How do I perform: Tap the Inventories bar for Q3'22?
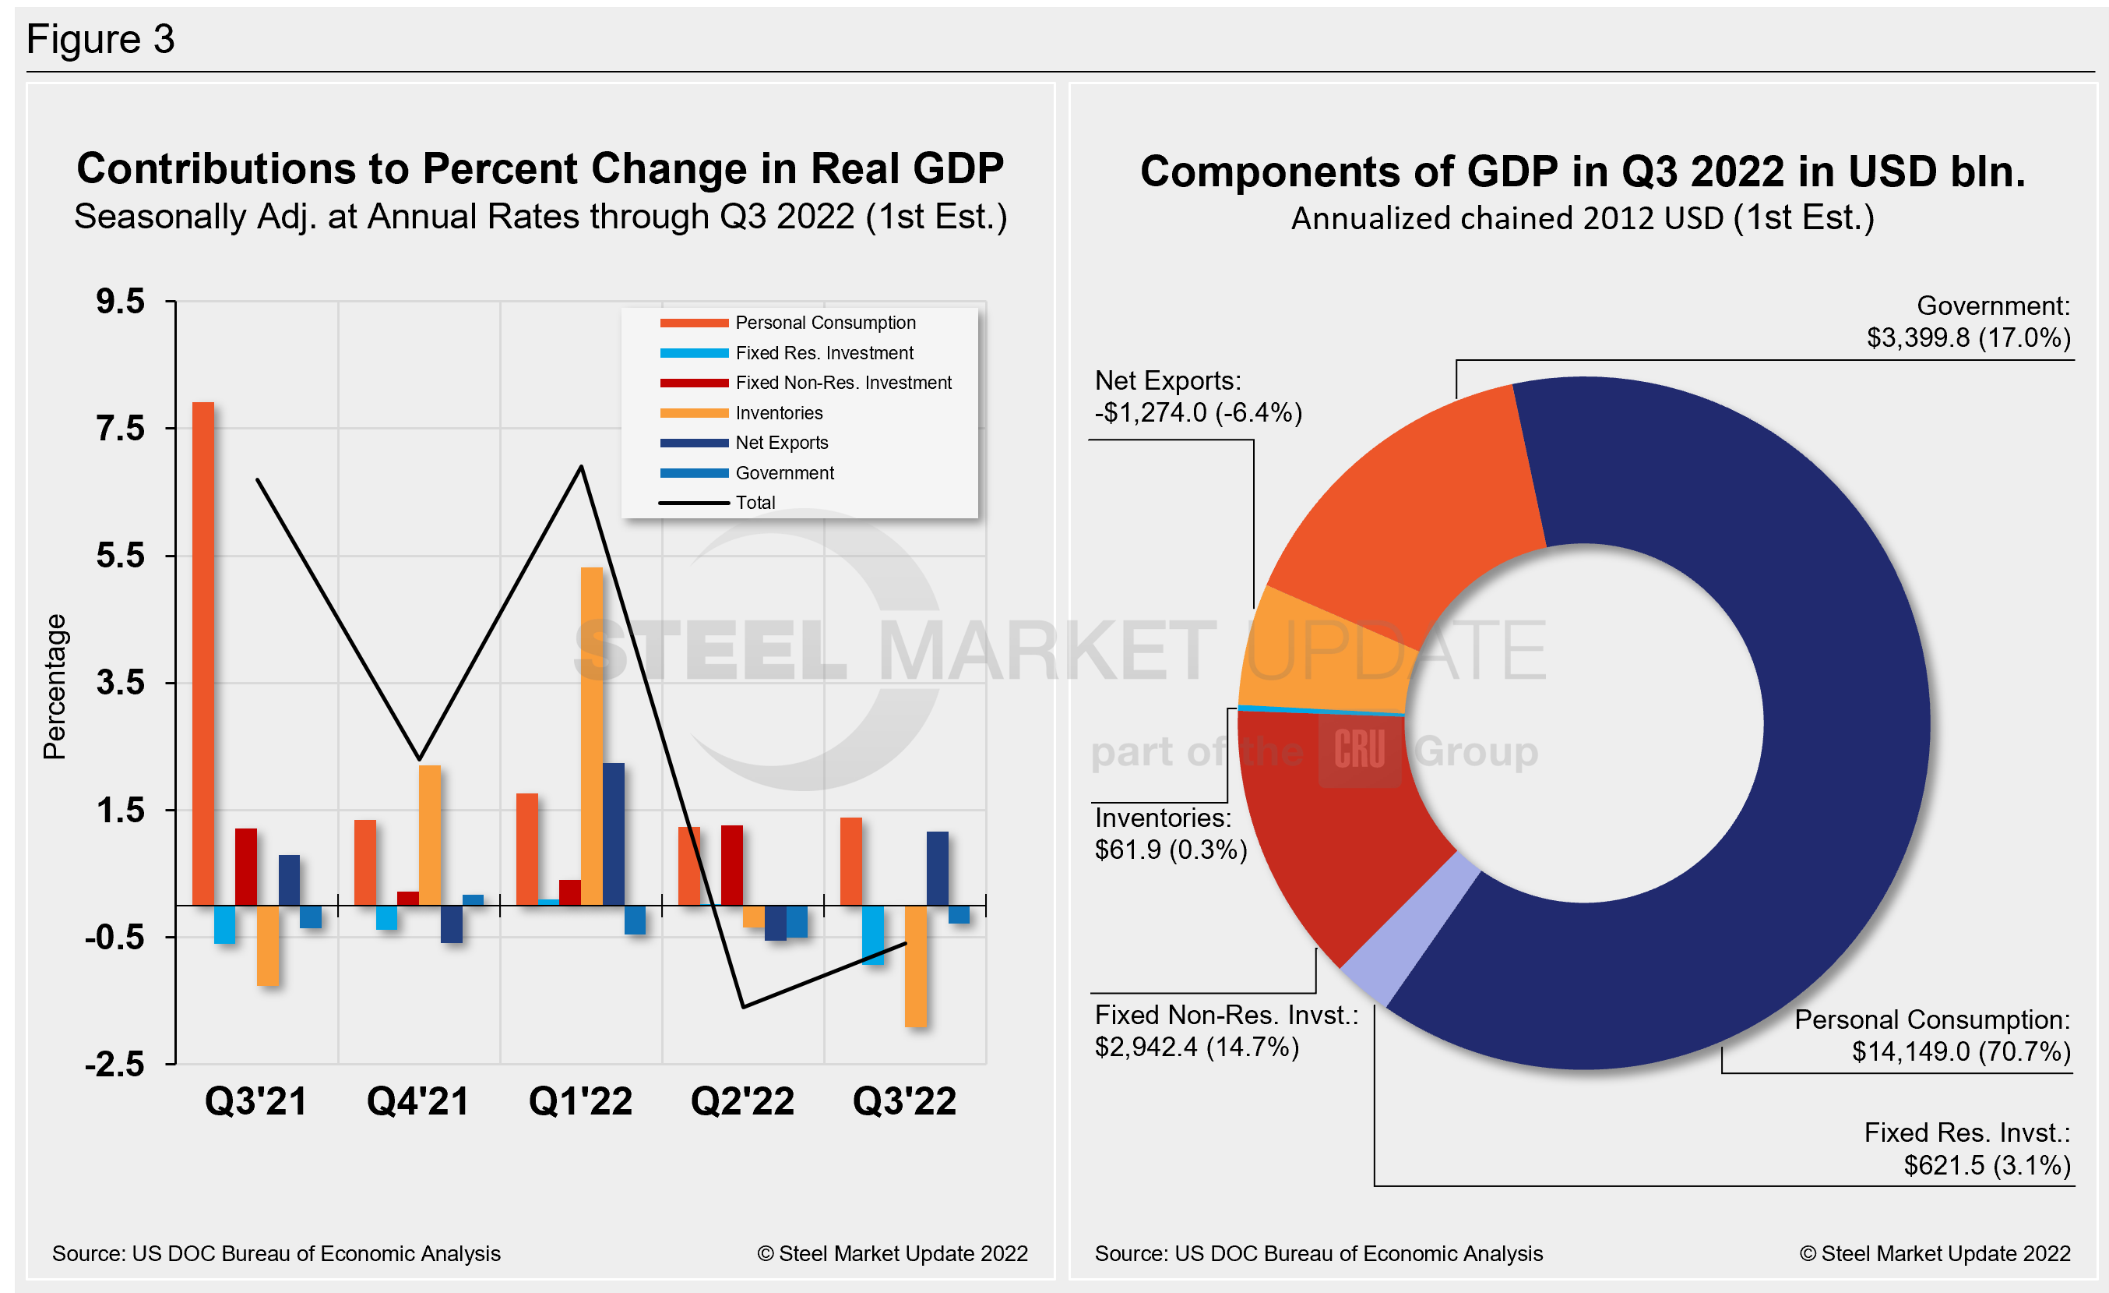click(x=916, y=965)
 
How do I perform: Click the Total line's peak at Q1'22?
click(x=581, y=468)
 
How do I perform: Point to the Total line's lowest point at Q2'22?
click(x=743, y=1006)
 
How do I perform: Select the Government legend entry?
click(x=784, y=472)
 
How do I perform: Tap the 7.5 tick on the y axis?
click(x=121, y=428)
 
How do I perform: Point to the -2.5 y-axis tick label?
click(x=114, y=1064)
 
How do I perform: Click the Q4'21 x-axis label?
click(x=417, y=1101)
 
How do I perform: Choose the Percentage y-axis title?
click(x=55, y=686)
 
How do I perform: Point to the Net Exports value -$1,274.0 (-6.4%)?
click(x=1198, y=413)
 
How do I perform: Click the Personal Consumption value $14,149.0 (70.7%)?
click(x=1960, y=1051)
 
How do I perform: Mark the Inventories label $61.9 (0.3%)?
click(x=1170, y=850)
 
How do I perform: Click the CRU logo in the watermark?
click(x=1358, y=751)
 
